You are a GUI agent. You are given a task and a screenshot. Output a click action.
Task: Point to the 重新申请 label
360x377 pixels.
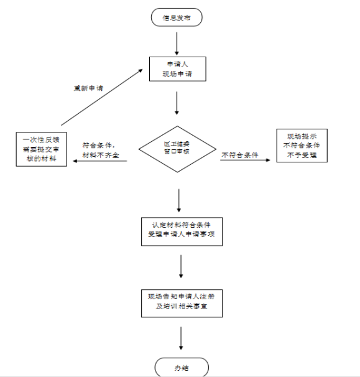tap(88, 88)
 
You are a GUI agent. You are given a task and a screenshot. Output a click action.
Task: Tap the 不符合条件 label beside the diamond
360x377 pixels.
tap(240, 155)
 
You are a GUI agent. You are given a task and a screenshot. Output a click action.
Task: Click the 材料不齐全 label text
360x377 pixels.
tap(101, 155)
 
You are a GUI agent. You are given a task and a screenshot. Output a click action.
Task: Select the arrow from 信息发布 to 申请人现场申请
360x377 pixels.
tap(177, 44)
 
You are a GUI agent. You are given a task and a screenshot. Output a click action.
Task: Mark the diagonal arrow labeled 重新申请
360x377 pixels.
tap(102, 97)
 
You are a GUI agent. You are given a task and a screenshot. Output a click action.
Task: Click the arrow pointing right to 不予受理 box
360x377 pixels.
tap(245, 160)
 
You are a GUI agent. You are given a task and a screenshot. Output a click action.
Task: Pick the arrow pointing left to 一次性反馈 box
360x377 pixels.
tap(99, 161)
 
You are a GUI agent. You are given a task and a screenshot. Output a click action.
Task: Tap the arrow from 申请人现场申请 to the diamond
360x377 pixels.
tap(177, 103)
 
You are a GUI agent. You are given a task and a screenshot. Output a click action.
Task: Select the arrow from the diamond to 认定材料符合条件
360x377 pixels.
tap(179, 200)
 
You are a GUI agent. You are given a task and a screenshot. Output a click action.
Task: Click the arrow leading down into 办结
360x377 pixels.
tap(181, 338)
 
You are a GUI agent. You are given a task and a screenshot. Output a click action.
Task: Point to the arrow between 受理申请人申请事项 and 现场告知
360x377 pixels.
tap(181, 266)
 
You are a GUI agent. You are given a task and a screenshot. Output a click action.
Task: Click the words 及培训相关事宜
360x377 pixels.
tap(182, 306)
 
